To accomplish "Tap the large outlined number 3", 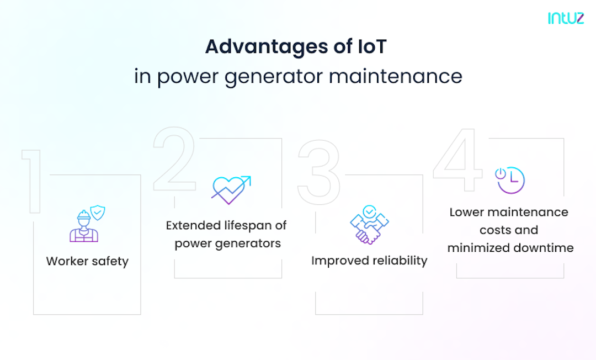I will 318,165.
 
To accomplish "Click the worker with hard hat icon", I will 84,226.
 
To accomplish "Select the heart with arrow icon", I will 230,188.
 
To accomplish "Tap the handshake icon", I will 369,225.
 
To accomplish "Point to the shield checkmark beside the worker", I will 98,213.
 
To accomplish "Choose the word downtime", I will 543,248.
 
